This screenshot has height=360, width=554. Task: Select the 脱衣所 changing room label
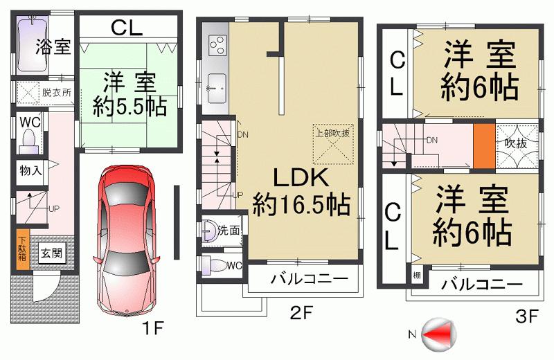click(x=56, y=92)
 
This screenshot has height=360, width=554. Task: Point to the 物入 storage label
click(x=30, y=169)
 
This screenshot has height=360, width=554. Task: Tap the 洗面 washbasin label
click(x=228, y=231)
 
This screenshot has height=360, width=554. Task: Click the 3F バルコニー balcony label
click(x=481, y=283)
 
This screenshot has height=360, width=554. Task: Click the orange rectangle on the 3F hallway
click(x=483, y=146)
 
